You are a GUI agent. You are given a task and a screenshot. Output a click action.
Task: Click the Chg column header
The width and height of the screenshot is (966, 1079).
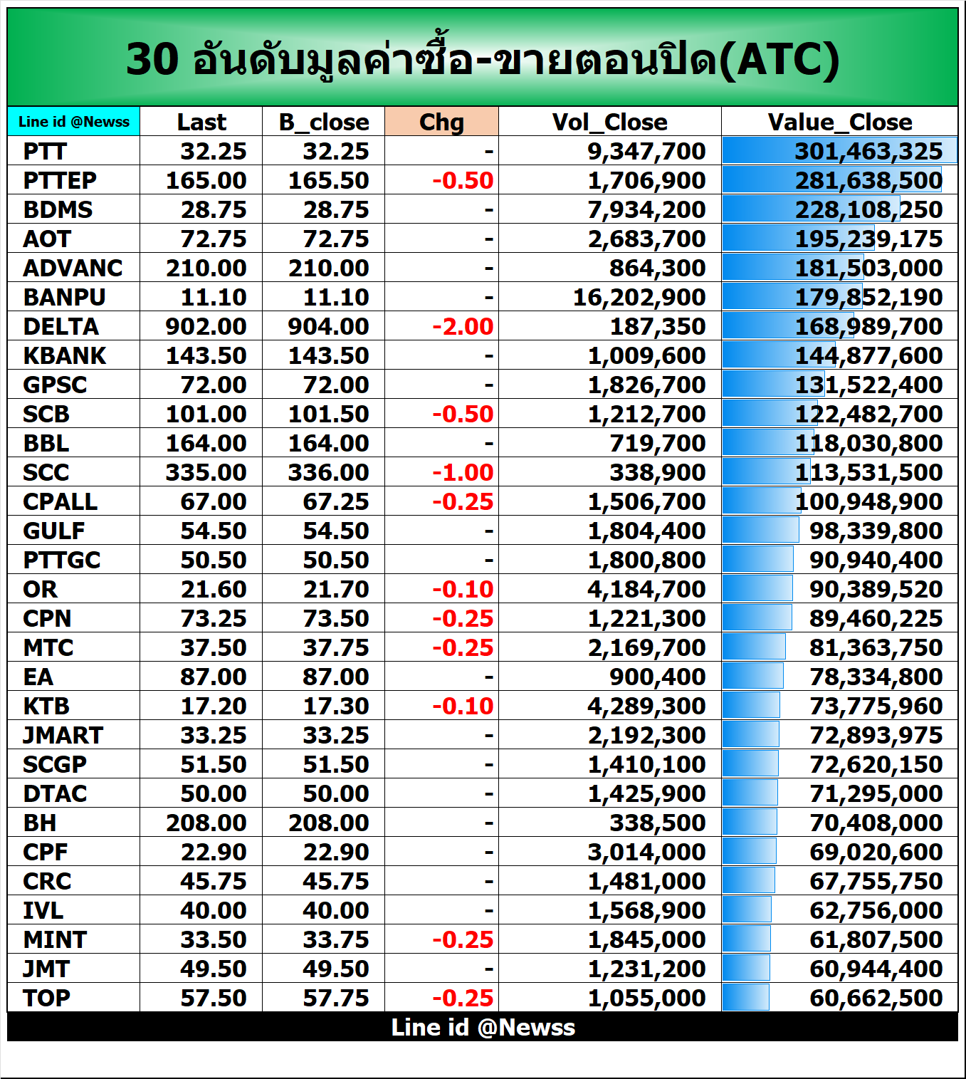(x=441, y=122)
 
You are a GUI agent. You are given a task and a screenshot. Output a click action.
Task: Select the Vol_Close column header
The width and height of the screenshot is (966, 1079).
(x=609, y=122)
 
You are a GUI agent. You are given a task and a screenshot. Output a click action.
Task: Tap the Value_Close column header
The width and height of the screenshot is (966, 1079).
(x=839, y=122)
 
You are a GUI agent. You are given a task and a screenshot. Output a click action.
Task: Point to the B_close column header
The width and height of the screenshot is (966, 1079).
(x=324, y=122)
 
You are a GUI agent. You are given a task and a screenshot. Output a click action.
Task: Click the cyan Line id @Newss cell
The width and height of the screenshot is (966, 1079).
(x=74, y=122)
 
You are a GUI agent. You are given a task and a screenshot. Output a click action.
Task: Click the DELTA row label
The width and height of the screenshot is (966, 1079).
(x=61, y=326)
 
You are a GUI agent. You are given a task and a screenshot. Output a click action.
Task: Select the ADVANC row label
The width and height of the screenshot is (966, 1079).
(x=73, y=268)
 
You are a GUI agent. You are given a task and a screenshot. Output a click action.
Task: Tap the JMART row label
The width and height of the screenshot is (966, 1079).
(x=63, y=735)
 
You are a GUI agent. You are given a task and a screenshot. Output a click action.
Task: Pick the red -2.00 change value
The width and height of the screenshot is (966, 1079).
(x=463, y=326)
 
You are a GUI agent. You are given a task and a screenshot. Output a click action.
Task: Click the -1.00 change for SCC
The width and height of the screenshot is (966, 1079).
(x=463, y=472)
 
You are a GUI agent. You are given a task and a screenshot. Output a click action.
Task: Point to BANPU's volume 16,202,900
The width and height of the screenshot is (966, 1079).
(x=639, y=297)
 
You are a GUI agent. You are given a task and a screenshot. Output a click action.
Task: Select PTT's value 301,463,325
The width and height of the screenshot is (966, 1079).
(x=868, y=151)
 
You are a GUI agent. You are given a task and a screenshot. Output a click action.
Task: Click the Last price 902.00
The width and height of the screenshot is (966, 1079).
(x=206, y=326)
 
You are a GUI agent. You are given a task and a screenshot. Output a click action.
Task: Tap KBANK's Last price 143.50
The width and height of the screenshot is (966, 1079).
(x=206, y=355)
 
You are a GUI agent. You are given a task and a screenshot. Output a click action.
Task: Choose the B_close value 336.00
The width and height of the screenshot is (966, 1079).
(x=328, y=472)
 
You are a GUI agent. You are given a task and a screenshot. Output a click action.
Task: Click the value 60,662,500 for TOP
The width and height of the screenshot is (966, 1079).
(x=876, y=998)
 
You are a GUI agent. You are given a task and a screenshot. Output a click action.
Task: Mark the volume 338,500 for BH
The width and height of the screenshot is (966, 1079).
(x=657, y=823)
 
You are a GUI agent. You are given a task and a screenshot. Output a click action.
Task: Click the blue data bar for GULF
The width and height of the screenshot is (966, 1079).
(x=760, y=531)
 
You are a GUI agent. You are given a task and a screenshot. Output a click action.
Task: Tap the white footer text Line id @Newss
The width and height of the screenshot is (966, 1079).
(x=483, y=1027)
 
